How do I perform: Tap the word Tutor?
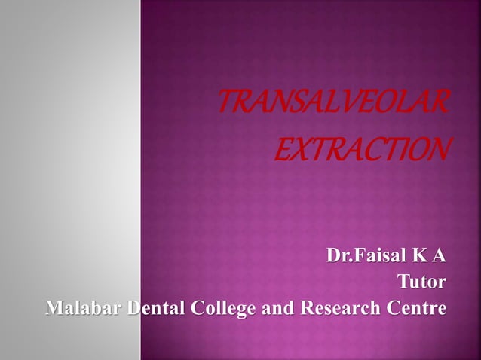pos(421,282)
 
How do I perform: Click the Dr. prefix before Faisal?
pos(339,257)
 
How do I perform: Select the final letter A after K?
pos(439,257)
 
